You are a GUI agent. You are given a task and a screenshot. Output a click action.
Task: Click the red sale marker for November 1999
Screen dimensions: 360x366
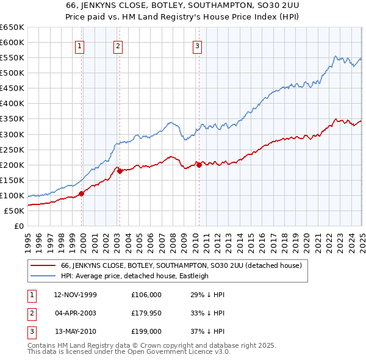82,193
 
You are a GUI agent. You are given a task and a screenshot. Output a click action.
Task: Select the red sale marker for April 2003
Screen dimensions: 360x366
120,171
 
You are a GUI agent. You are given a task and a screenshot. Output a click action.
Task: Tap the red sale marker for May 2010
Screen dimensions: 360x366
199,165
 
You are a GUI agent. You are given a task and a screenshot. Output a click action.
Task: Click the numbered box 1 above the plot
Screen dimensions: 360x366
81,45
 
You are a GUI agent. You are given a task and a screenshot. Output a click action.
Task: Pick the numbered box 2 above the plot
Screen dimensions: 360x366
118,45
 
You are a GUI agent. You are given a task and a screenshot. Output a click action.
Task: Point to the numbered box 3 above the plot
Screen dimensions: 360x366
198,45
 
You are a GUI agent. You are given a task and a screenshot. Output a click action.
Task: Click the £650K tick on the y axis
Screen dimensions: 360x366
12,27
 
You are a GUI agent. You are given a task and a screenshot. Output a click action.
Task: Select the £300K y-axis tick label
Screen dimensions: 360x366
12,134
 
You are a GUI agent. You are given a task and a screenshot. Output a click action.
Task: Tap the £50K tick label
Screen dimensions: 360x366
14,211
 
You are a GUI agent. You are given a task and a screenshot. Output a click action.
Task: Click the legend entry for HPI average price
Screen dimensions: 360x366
134,276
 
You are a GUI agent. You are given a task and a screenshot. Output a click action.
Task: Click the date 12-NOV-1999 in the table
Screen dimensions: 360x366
75,295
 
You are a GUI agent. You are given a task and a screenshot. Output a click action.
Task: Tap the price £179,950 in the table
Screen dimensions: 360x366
146,313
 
